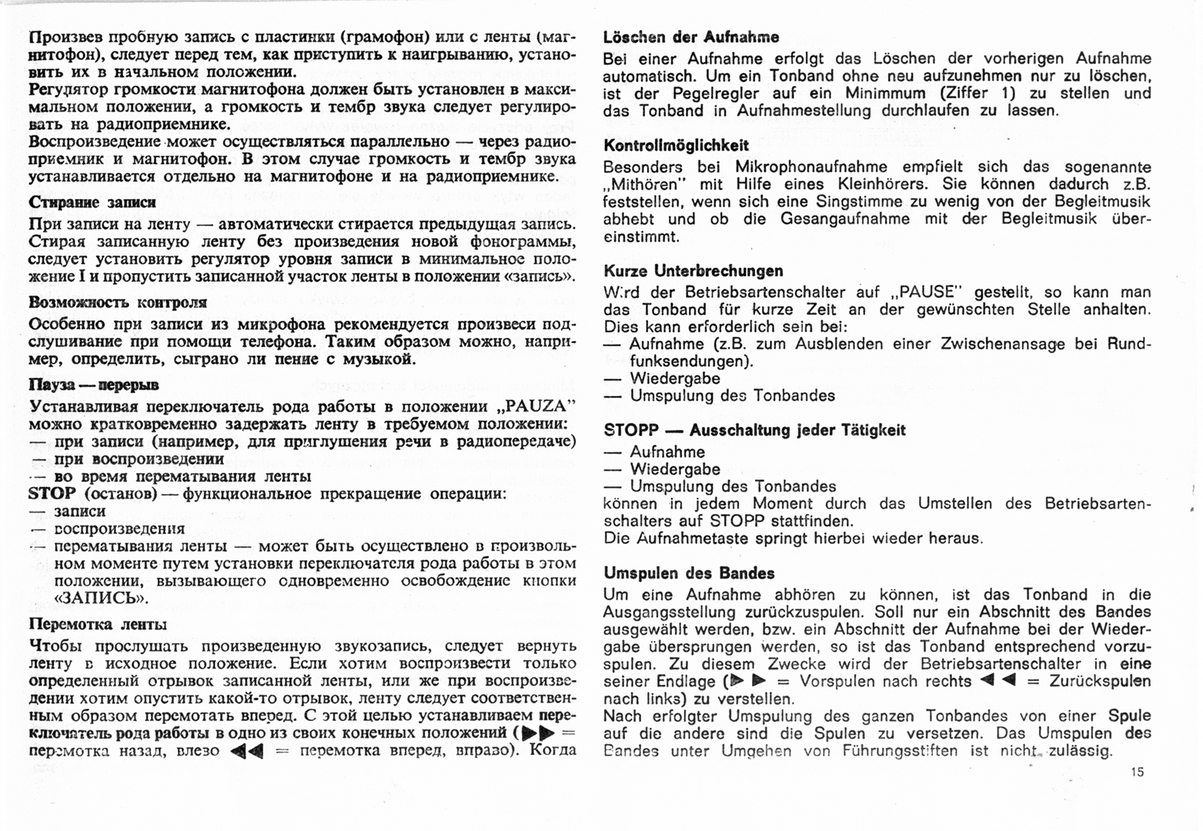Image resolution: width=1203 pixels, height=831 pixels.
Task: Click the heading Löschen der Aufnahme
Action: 690,37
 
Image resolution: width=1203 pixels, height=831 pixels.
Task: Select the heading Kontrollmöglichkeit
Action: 676,145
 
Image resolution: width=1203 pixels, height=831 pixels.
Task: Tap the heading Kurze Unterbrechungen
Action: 693,271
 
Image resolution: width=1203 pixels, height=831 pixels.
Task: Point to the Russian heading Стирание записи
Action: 92,202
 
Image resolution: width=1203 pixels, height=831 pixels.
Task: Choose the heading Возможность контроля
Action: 118,302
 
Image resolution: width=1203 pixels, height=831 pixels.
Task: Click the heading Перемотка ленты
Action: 98,624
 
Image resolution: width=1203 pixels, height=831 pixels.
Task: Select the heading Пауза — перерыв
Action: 94,385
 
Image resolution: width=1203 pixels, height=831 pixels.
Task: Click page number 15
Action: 1138,772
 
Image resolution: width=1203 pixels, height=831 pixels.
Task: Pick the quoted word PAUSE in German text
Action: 926,292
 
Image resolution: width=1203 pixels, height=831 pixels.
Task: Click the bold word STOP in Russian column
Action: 52,493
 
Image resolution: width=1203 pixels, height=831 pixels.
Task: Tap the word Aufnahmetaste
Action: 684,539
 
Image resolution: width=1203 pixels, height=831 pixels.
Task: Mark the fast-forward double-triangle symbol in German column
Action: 747,681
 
